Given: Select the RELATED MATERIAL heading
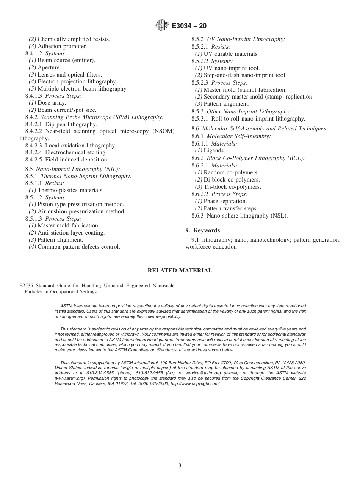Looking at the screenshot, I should [x=180, y=271].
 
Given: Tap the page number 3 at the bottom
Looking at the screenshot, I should [x=180, y=465].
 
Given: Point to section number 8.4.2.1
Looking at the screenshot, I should [x=34, y=124].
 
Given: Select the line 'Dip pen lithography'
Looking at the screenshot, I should [x=71, y=124].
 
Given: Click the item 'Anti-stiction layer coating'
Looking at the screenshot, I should [x=71, y=233].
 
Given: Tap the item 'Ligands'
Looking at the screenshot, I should [x=214, y=151].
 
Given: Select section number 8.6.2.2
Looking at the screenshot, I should [x=200, y=194].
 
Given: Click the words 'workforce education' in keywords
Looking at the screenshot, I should [x=211, y=247].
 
